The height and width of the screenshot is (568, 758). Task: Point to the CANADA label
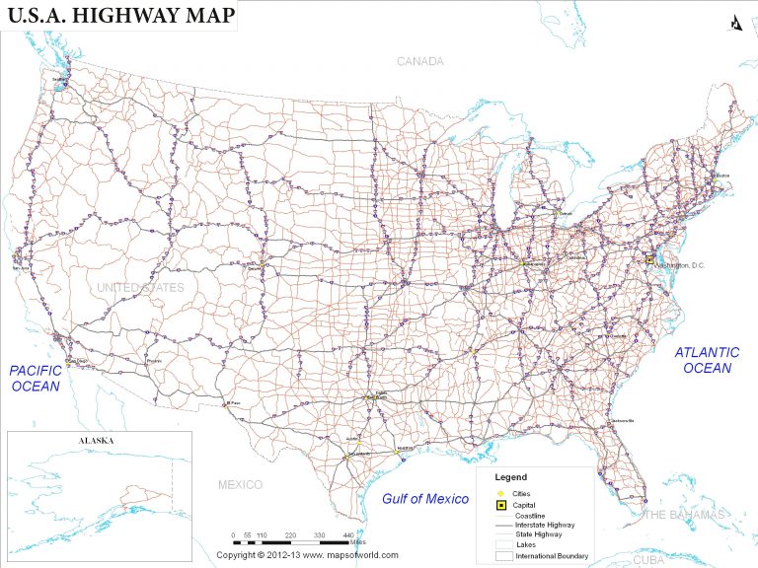tap(420, 61)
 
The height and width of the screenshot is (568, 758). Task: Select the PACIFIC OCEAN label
tap(35, 379)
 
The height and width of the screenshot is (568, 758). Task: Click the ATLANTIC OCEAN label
tap(707, 360)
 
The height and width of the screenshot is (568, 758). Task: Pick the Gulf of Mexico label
tap(425, 499)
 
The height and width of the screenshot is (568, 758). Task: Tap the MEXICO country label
tap(240, 484)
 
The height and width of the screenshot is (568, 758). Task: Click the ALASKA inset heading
tap(98, 441)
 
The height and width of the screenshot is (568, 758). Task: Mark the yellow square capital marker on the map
tap(650, 259)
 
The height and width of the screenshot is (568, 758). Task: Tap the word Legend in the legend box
tap(510, 477)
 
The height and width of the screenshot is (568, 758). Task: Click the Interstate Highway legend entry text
tap(545, 525)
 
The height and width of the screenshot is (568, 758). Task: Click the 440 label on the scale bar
tap(348, 534)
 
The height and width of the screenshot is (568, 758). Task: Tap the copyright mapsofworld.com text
tap(308, 555)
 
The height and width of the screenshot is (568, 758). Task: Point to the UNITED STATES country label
tap(139, 287)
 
